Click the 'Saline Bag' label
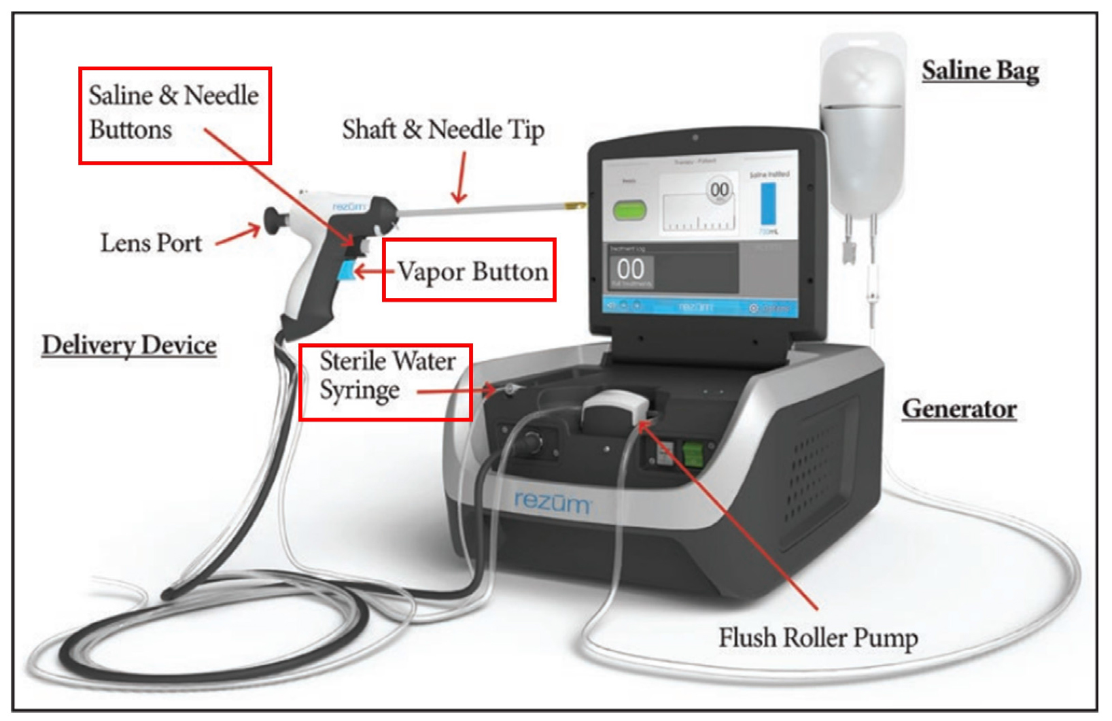click(x=979, y=71)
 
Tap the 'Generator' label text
click(x=958, y=408)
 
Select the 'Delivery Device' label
click(x=129, y=345)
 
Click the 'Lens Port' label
click(x=151, y=243)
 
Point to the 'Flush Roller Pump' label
click(x=818, y=637)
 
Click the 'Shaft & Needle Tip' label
click(x=442, y=129)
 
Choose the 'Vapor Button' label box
click(x=469, y=270)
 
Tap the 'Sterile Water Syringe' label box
click(x=385, y=382)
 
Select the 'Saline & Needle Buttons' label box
click(x=175, y=115)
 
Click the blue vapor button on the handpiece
click(x=345, y=271)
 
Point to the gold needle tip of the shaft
click(x=577, y=204)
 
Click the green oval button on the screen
click(x=629, y=209)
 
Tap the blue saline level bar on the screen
click(x=768, y=203)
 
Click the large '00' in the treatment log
click(x=630, y=269)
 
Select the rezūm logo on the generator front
click(x=552, y=502)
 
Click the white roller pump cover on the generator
click(x=615, y=409)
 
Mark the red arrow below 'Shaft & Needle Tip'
click(x=462, y=178)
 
